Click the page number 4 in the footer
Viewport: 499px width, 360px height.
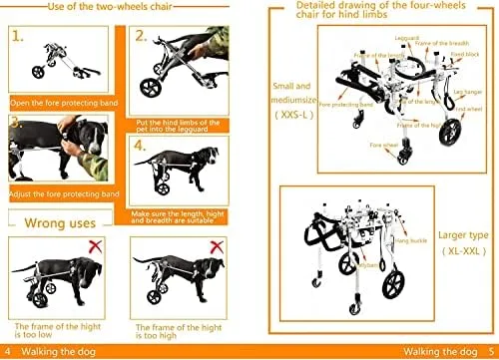(9, 352)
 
